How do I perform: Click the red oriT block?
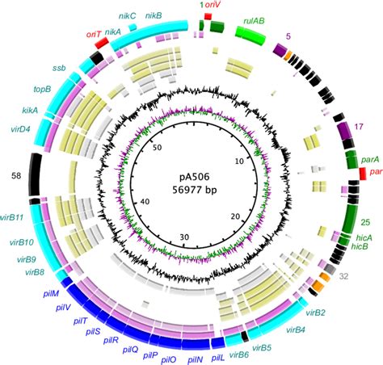(102, 43)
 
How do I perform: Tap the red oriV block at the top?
(208, 16)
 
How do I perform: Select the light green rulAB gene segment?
(250, 35)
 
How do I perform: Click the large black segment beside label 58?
(35, 174)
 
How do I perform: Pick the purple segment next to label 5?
(280, 49)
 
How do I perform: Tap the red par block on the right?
(363, 174)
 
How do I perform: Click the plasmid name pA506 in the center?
(194, 177)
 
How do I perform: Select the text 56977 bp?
(194, 190)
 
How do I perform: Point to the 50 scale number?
(157, 148)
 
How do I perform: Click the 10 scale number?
(239, 162)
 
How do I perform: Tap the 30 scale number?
(185, 237)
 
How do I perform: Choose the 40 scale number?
(145, 202)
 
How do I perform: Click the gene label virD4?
(20, 129)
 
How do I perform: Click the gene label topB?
(42, 89)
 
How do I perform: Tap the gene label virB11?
(15, 217)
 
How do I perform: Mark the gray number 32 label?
(343, 276)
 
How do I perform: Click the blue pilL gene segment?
(218, 342)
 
